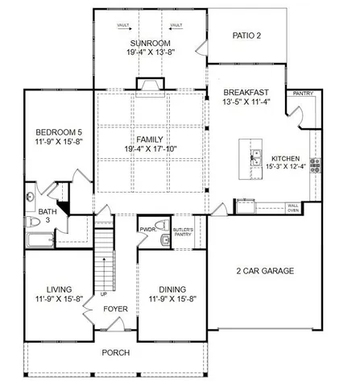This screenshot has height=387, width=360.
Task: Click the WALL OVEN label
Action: (x=295, y=208)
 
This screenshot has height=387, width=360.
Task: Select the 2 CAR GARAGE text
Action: (x=264, y=271)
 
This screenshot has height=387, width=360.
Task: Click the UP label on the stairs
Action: (x=103, y=293)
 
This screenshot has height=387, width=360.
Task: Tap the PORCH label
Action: (x=116, y=352)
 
